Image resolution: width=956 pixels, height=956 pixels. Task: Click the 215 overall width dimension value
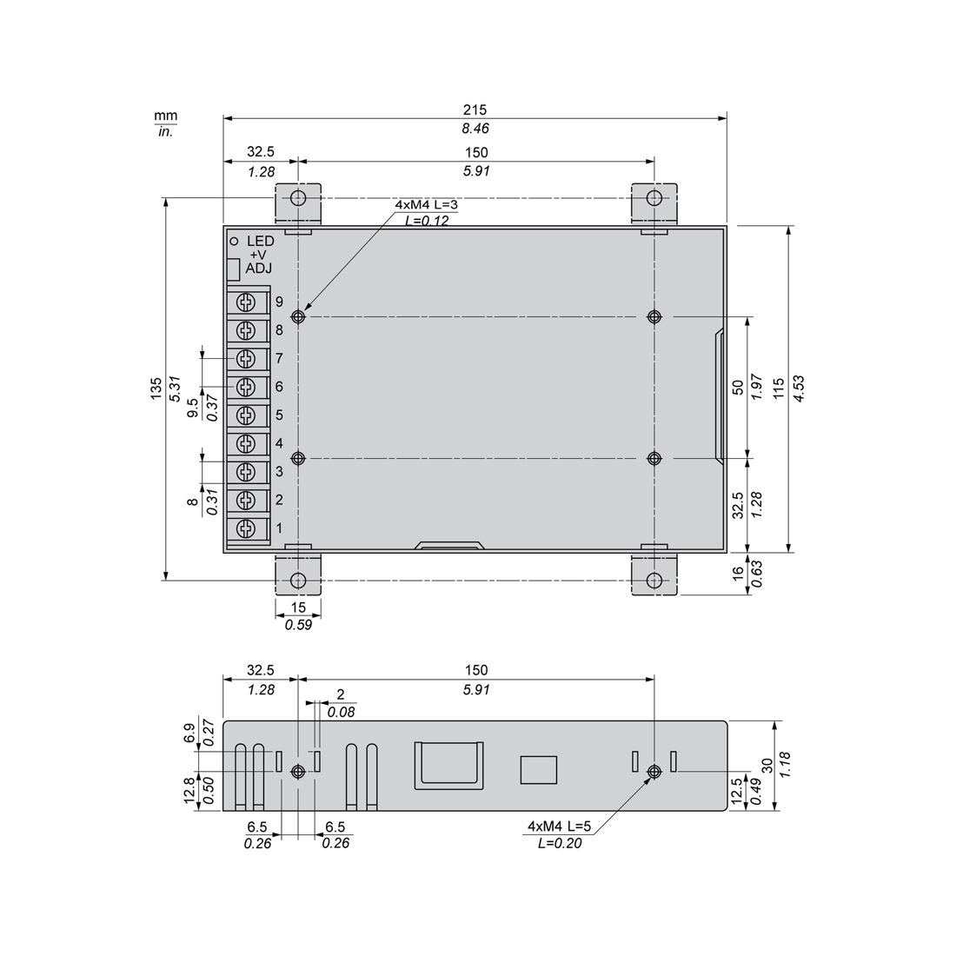click(475, 110)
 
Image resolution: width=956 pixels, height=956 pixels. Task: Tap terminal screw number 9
click(246, 302)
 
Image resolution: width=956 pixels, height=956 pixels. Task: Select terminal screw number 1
click(246, 528)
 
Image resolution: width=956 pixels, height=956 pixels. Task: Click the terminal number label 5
click(279, 415)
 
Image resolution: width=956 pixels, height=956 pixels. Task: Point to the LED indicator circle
click(233, 242)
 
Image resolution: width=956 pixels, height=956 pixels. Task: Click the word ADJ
click(258, 269)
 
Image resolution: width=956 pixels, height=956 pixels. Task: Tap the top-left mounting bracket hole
click(298, 198)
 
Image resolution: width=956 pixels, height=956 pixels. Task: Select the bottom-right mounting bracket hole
click(654, 580)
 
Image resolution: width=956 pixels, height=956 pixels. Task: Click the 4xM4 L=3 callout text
click(426, 205)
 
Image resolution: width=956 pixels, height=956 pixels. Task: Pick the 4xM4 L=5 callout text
click(559, 827)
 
